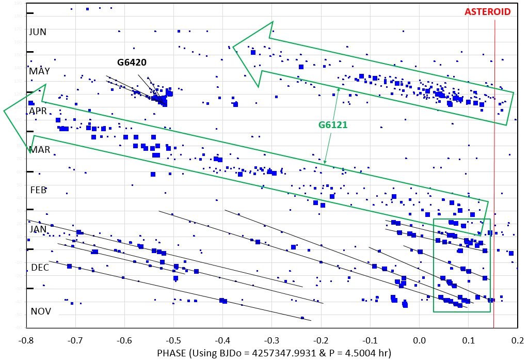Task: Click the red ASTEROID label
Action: tap(488, 11)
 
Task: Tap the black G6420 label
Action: tap(132, 62)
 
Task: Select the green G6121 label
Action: tap(333, 125)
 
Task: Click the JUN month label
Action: tap(38, 32)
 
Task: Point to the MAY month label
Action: tap(39, 71)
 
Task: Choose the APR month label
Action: tap(38, 111)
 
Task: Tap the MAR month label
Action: tap(40, 150)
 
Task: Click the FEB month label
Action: tap(38, 190)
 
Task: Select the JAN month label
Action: tap(38, 229)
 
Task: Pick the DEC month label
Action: tap(40, 268)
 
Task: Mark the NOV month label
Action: tap(41, 311)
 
